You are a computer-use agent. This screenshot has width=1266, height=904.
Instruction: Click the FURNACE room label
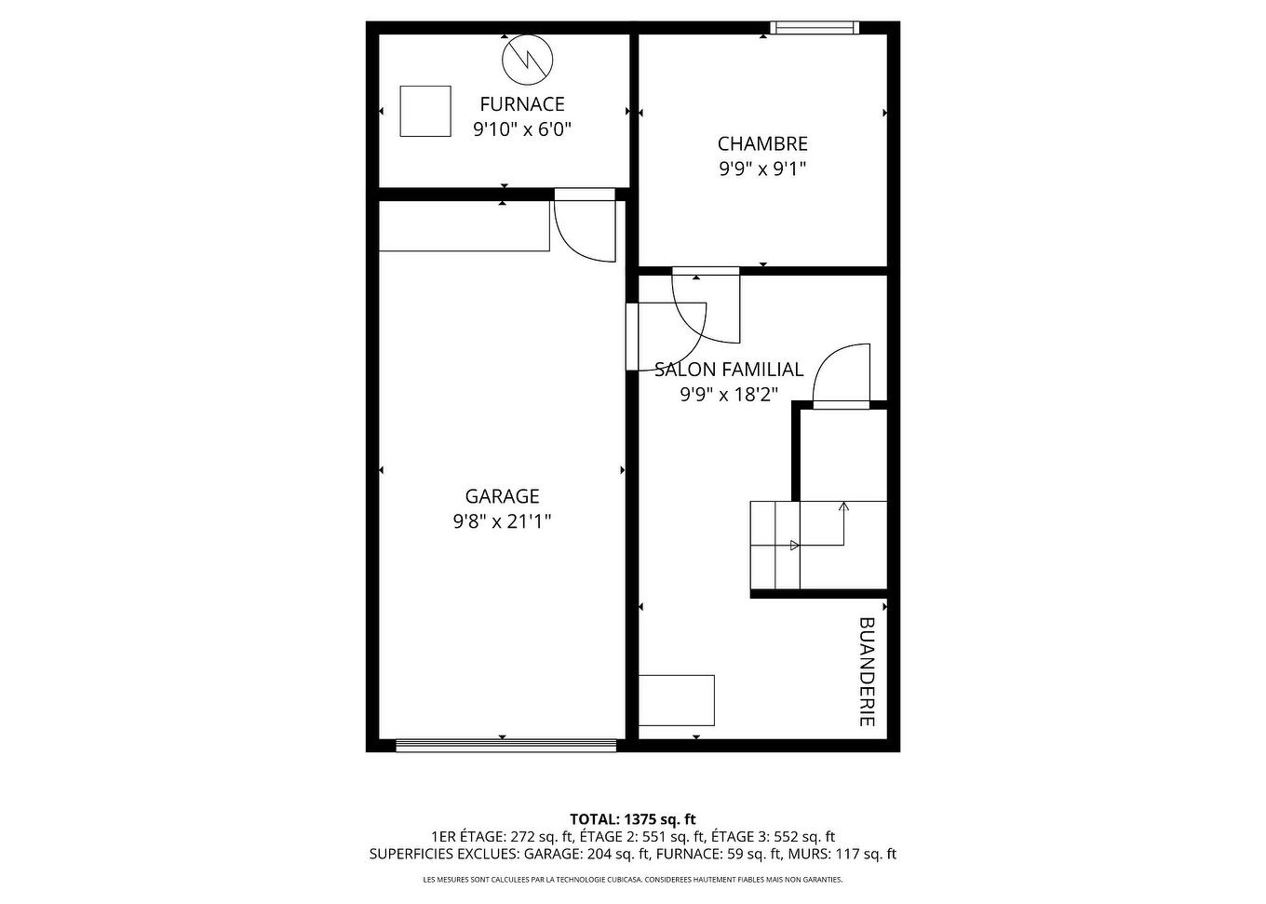coord(521,104)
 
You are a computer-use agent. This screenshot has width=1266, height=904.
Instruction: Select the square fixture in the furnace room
coord(425,111)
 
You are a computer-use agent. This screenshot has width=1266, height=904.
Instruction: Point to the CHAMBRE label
coord(762,144)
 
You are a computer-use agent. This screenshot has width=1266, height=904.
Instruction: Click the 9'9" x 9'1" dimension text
coord(762,169)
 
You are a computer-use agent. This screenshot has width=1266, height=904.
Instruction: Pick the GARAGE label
coord(502,496)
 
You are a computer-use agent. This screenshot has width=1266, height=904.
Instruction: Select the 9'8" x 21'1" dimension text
coord(502,521)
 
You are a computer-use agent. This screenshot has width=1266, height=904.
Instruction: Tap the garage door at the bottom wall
coord(506,745)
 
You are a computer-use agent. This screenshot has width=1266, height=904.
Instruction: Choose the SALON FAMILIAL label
coord(729,370)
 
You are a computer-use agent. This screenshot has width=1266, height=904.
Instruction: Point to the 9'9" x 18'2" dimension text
coord(729,395)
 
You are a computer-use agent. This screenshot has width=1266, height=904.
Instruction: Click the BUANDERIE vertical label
coord(867,671)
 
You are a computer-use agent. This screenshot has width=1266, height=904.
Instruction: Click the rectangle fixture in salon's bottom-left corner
coord(677,700)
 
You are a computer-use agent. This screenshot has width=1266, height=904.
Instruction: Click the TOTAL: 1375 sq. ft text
coord(633,819)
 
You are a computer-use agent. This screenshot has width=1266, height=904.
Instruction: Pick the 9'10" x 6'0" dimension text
coord(521,129)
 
